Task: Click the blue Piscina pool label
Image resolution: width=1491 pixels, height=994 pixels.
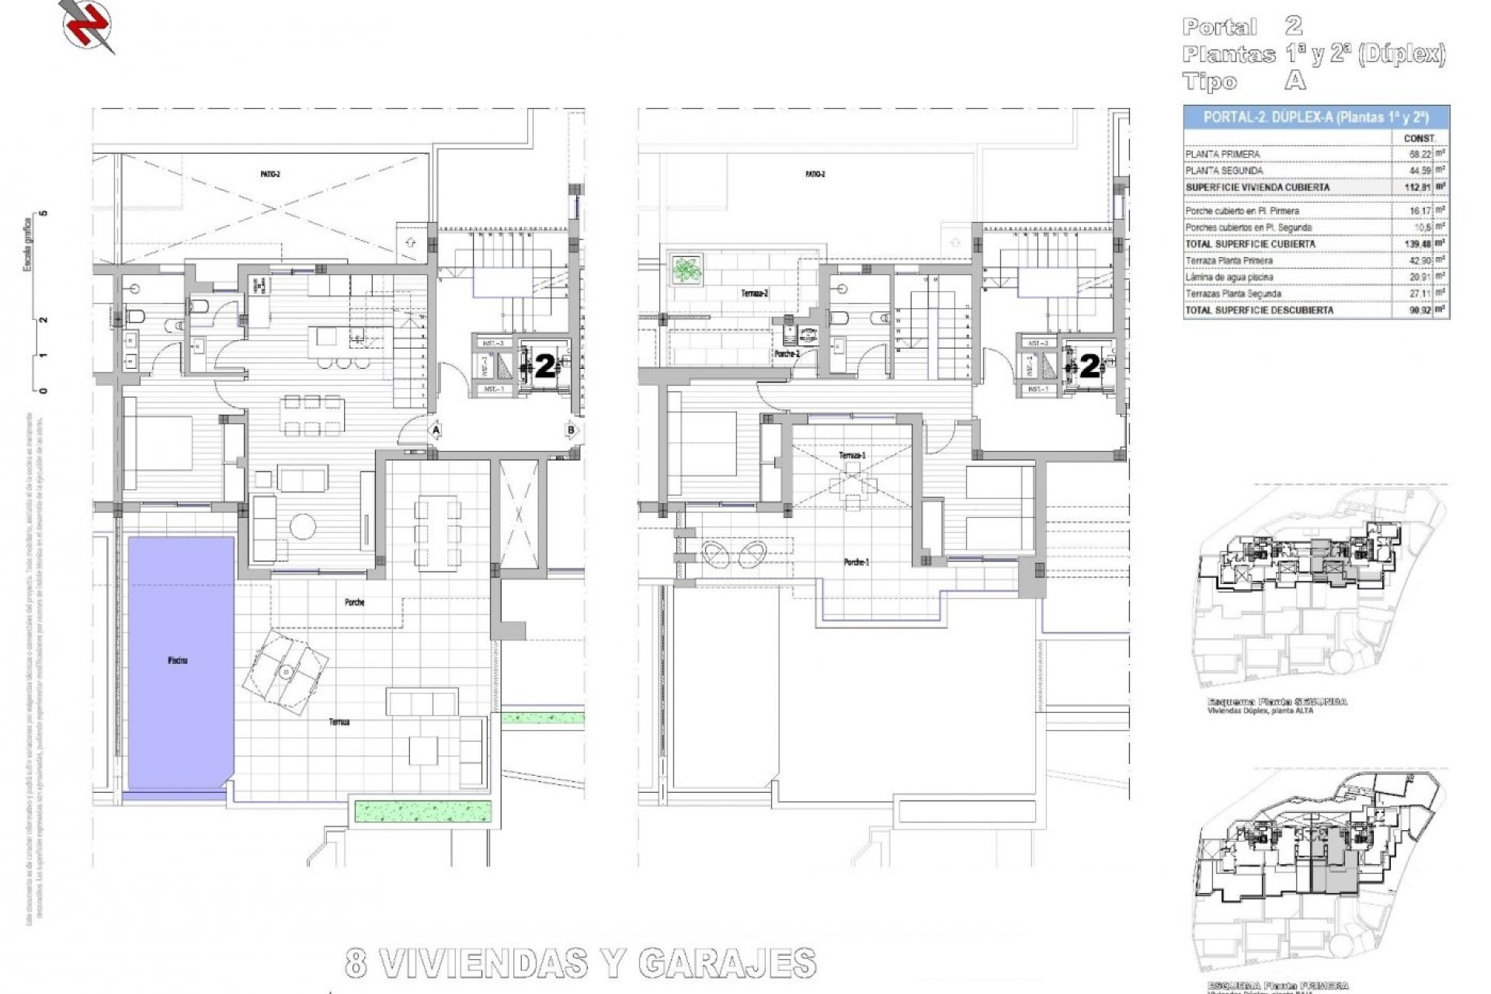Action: pos(177,661)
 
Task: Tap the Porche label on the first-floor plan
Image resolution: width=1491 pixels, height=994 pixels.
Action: pos(354,603)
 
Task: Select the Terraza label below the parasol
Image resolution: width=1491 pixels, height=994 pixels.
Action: pos(339,722)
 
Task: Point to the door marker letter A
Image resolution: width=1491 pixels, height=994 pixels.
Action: pos(436,429)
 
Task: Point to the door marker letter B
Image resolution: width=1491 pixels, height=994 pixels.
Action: pos(572,429)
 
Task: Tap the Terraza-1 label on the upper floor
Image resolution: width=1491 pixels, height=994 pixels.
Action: pos(852,455)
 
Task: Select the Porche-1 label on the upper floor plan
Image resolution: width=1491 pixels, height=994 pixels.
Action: pos(857,562)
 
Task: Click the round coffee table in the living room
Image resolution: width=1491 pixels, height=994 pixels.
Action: pos(303,527)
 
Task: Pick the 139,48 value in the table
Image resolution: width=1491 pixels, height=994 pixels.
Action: pos(1419,244)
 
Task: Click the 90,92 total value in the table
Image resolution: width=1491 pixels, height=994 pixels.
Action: pos(1419,310)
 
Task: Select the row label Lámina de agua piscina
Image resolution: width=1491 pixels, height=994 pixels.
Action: pos(1229,277)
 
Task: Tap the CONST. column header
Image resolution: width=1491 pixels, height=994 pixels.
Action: pos(1420,138)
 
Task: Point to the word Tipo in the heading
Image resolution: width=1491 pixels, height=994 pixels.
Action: pos(1210,82)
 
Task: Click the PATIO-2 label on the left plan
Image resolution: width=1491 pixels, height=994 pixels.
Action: pos(270,175)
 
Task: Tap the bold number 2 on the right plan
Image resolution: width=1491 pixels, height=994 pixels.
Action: pos(1090,367)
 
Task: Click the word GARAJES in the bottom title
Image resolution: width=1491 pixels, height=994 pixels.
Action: pos(727,964)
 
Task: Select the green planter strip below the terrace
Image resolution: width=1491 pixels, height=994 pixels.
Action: pos(423,812)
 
